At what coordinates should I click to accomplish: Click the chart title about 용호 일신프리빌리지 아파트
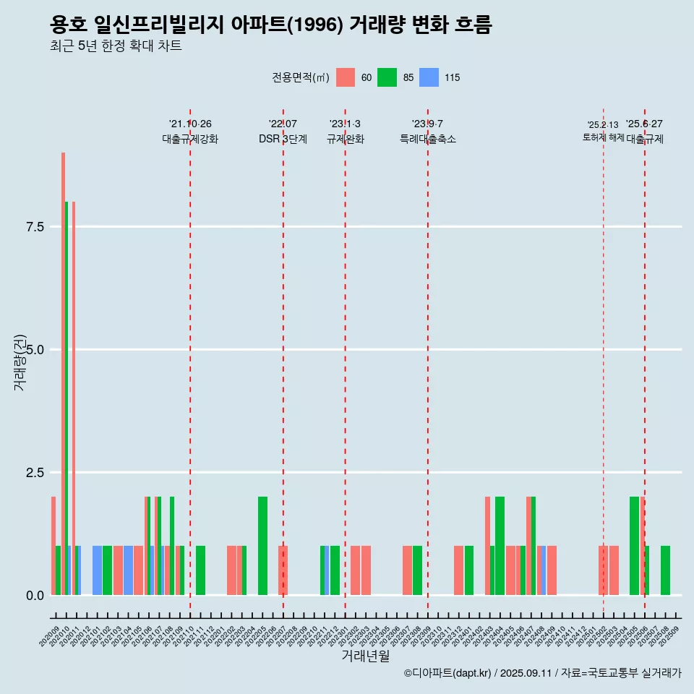(x=271, y=26)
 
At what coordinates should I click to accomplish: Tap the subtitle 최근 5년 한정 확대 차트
(x=116, y=46)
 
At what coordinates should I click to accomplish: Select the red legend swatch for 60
(x=346, y=77)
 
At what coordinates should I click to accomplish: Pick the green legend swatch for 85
(x=387, y=77)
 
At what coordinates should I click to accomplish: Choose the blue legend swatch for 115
(x=429, y=77)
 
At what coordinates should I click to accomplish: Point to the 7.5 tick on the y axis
(x=35, y=227)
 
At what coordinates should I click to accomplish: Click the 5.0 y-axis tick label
(x=35, y=350)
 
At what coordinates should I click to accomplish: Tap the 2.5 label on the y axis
(x=35, y=473)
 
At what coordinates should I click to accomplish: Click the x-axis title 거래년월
(x=365, y=656)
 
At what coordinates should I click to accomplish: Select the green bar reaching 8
(x=67, y=398)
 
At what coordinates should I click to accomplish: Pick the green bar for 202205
(x=262, y=546)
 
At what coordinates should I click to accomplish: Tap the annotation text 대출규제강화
(x=190, y=139)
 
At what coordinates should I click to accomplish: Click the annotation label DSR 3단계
(x=283, y=139)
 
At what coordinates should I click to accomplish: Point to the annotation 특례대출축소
(x=428, y=139)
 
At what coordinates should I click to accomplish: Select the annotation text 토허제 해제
(x=603, y=137)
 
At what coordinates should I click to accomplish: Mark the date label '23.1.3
(x=345, y=124)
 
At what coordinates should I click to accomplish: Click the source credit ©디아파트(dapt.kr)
(x=448, y=673)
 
